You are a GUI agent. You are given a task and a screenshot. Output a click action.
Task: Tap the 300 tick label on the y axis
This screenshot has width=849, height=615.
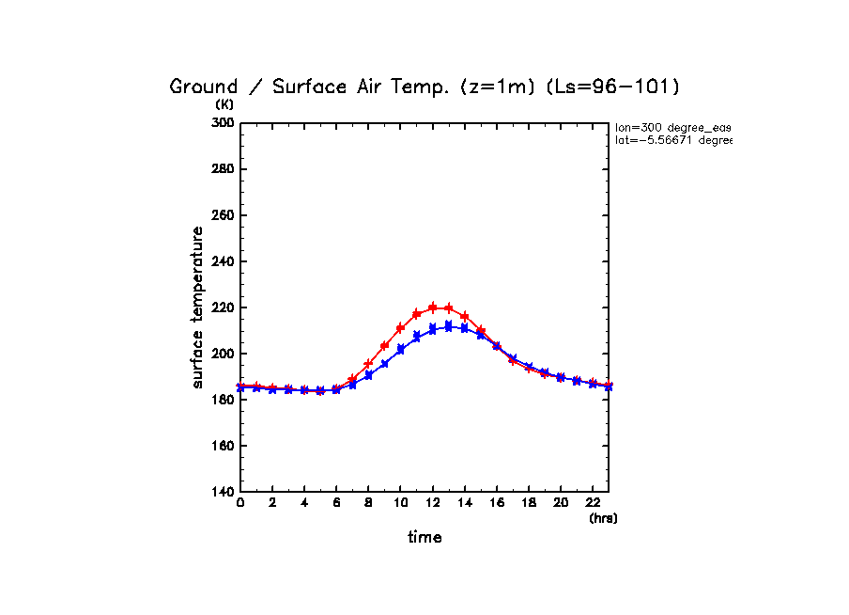coord(224,123)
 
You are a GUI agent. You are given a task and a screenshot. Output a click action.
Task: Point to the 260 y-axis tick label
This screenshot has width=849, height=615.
coord(224,215)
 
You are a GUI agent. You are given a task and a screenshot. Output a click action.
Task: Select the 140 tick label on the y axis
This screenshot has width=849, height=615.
coord(224,492)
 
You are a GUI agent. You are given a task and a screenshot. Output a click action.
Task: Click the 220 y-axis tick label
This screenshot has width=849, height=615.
coord(224,307)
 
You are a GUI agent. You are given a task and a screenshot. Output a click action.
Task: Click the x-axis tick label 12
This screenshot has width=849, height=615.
coord(432,504)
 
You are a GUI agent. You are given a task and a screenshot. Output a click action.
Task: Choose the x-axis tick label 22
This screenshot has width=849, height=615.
coord(593,504)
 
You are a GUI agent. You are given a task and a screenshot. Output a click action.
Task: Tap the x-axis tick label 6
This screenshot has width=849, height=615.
coord(336,504)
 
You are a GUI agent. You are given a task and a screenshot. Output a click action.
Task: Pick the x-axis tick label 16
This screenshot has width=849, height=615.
coord(497,504)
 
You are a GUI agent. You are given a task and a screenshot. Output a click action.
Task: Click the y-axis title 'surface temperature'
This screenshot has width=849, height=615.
coord(198,307)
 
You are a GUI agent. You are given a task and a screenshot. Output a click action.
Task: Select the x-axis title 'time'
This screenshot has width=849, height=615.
coord(424,538)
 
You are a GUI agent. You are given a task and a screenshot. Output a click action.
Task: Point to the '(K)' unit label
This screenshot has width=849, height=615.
coord(225,104)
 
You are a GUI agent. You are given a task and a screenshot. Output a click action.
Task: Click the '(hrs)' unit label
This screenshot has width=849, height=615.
coord(603,518)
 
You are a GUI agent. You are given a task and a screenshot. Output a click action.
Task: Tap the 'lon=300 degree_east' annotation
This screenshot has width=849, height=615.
coord(672,127)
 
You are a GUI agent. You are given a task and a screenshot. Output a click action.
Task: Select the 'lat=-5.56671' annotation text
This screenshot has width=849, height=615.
coord(672,140)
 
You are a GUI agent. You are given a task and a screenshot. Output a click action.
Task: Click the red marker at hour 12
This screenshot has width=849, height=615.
coord(433,307)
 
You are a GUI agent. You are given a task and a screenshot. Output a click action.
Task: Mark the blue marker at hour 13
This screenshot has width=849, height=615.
coord(449,326)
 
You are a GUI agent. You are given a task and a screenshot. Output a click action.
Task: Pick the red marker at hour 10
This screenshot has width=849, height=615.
coord(401,328)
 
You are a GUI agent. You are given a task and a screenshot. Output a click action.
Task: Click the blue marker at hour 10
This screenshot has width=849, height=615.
coord(401,349)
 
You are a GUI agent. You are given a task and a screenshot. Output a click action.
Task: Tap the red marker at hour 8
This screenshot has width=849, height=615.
coord(368,364)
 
